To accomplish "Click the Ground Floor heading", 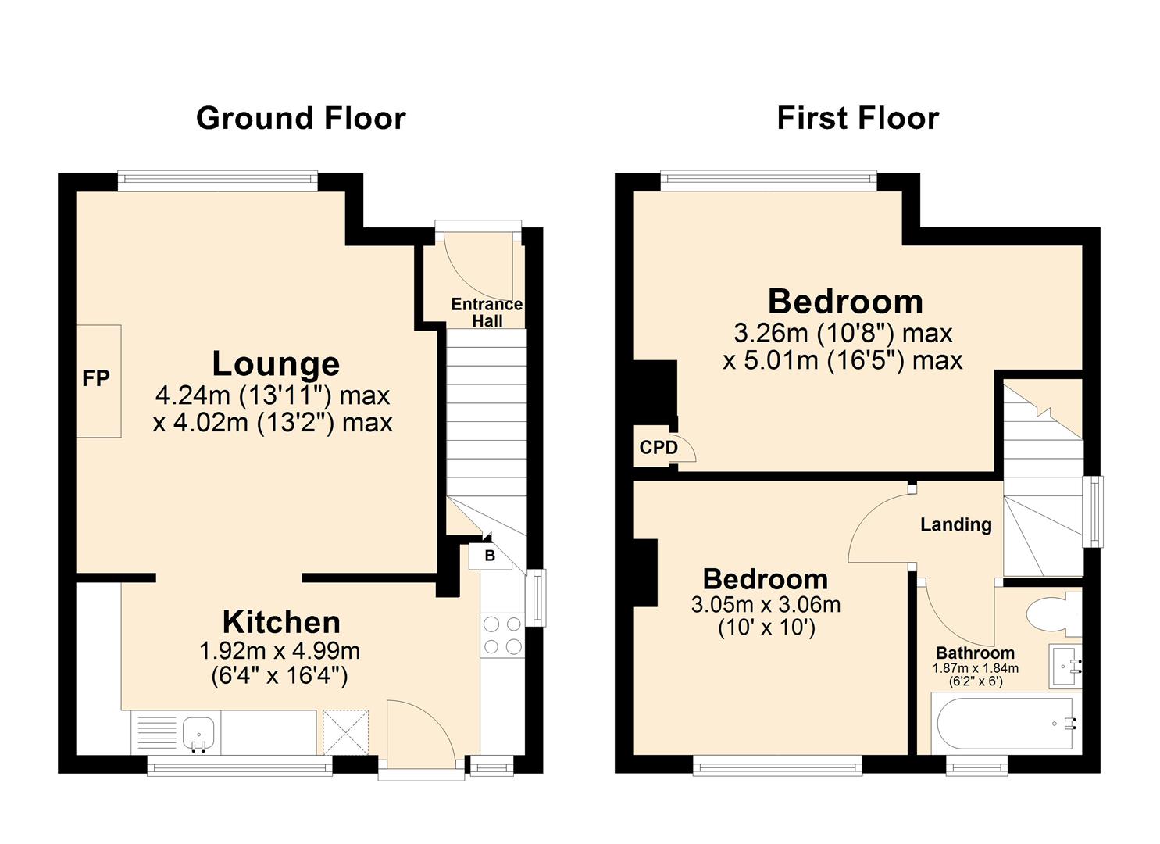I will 301,118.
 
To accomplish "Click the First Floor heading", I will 857,118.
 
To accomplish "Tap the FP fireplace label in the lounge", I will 96,379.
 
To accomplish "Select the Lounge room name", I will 276,364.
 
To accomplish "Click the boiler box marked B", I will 490,556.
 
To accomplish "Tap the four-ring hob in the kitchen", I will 502,635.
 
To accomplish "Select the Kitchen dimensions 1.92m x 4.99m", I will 280,650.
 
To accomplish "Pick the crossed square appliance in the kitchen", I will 345,731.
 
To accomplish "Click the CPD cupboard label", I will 659,448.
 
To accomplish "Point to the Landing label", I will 955,524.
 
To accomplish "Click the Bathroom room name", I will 975,653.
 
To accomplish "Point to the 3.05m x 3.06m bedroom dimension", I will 766,604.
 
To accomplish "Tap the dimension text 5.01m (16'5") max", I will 842,360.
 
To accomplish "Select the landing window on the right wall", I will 1092,512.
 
